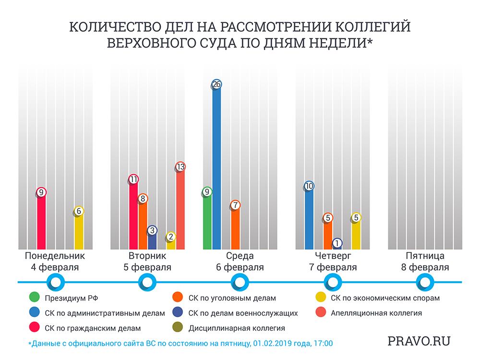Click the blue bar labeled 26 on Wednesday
point(216,168)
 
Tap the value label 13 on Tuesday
point(180,167)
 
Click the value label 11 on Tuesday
point(133,180)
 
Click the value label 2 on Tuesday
point(171,237)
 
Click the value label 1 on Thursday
point(337,243)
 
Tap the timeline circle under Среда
point(240,281)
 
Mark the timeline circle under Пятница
point(425,281)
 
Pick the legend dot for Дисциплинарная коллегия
point(178,328)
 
